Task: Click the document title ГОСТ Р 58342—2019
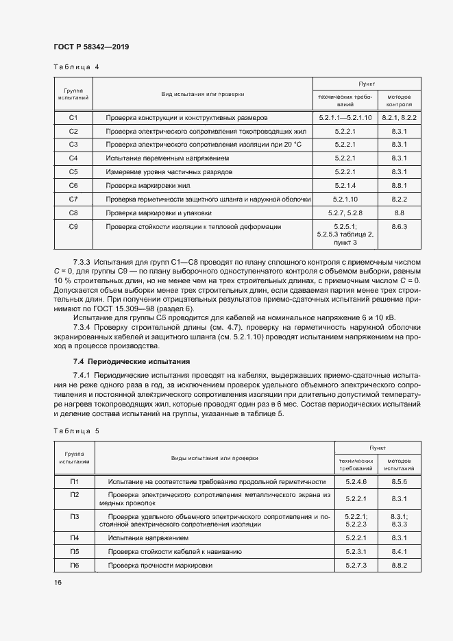click(90, 47)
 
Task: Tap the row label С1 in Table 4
click(73, 118)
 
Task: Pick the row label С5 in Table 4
click(73, 171)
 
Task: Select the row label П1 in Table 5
click(75, 481)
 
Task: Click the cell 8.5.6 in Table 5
click(400, 481)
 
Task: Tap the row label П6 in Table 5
click(75, 566)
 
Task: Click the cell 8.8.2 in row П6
click(400, 566)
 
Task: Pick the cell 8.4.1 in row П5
click(400, 552)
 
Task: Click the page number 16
click(58, 583)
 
